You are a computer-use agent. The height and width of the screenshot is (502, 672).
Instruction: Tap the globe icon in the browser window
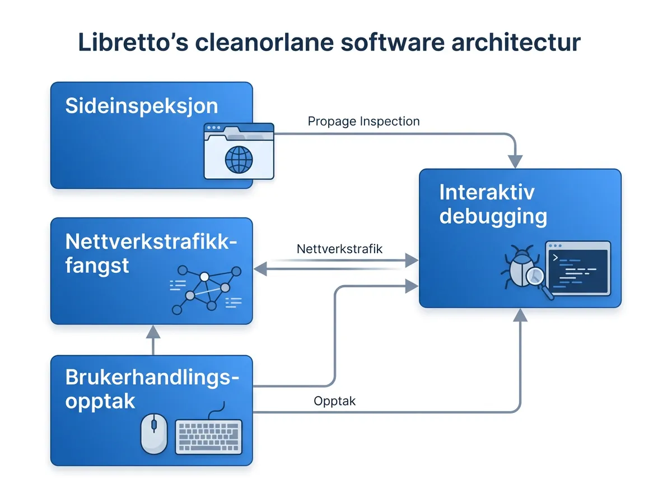click(x=239, y=159)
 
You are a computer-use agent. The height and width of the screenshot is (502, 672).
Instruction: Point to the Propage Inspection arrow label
click(x=363, y=121)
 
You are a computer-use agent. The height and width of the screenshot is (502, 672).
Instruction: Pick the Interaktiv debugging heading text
click(x=493, y=204)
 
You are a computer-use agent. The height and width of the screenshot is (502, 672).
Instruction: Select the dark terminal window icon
click(x=578, y=267)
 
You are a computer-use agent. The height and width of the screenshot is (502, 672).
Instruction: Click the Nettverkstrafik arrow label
click(x=339, y=249)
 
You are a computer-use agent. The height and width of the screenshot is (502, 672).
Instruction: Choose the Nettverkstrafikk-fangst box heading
click(x=151, y=253)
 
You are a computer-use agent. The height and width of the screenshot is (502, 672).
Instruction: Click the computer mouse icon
click(x=153, y=434)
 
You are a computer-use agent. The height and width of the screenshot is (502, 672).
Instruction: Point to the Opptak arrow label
click(x=335, y=401)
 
